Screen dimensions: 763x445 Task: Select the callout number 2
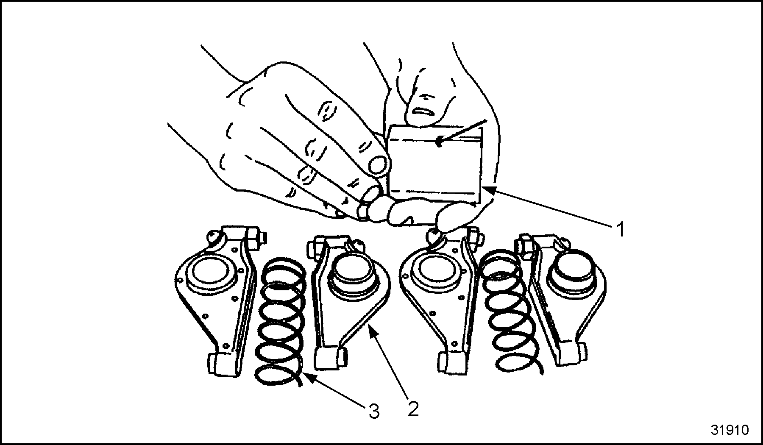click(413, 408)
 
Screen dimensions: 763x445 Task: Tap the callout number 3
click(373, 411)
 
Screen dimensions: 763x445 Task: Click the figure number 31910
click(730, 430)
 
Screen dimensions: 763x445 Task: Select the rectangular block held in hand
click(436, 163)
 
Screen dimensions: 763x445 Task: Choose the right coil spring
click(509, 309)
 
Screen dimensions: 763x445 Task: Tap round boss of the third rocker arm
click(439, 271)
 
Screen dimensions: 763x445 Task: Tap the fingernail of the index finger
click(378, 164)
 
